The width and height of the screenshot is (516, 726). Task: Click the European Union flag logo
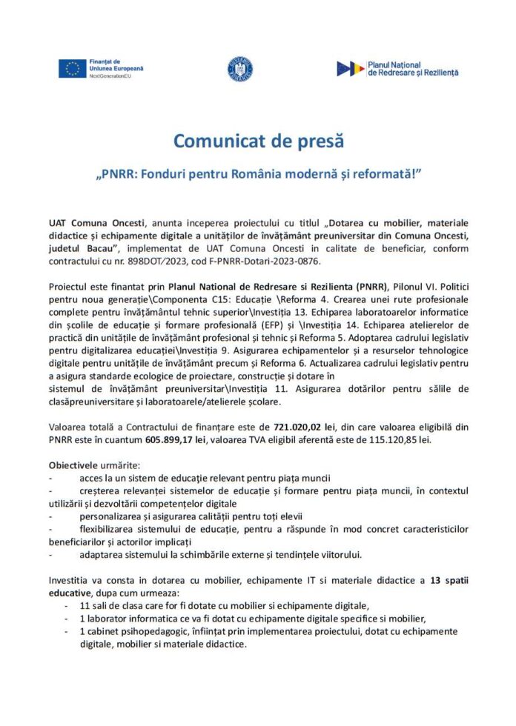pos(72,68)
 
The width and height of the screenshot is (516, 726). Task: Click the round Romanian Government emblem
pos(240,69)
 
